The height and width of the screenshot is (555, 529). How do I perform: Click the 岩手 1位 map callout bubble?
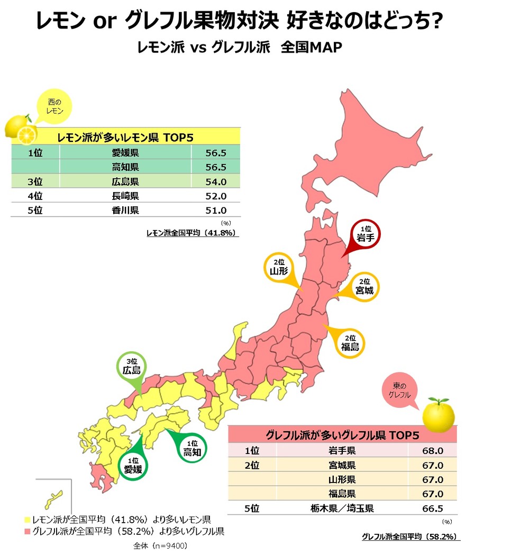pos(366,234)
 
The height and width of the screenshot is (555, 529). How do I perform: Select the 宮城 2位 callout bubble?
pos(364,286)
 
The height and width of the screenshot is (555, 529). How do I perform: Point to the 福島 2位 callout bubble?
pos(350,342)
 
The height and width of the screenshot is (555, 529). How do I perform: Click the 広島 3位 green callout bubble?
pos(131,367)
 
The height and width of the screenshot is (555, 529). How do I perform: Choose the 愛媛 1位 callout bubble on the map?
pos(133,465)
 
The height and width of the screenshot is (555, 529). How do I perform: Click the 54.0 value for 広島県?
pos(216,181)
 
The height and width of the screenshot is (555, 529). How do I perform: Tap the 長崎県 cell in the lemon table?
pos(125,196)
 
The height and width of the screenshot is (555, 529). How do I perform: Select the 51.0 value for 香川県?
pos(216,210)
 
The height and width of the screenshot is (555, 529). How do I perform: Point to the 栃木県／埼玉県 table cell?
pos(342,508)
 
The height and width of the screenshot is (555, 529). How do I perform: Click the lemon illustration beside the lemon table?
pos(20,130)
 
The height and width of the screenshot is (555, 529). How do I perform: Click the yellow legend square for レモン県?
pos(26,518)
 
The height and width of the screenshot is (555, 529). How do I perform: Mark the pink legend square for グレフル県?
pos(26,531)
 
